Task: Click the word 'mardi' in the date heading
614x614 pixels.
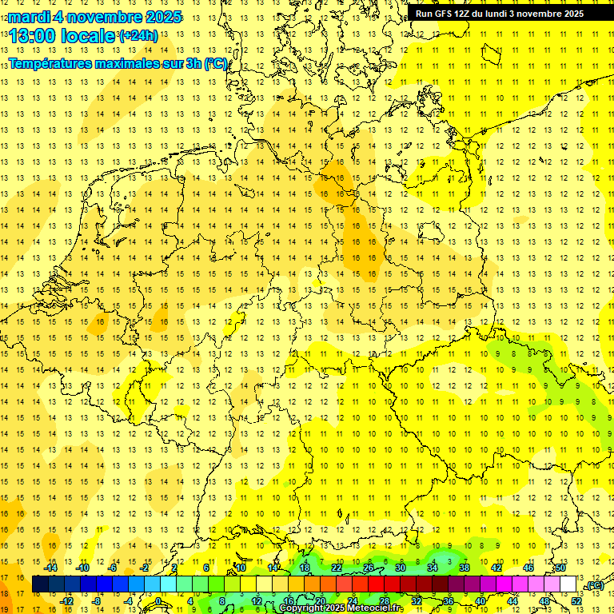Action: pos(28,18)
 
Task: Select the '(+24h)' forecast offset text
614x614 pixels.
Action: pos(138,36)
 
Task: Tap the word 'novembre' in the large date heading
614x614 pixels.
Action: pos(108,18)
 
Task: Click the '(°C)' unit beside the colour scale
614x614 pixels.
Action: pos(594,586)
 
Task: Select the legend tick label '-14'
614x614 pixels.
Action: pos(52,568)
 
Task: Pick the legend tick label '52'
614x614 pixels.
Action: pos(576,601)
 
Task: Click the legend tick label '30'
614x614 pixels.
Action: pos(400,568)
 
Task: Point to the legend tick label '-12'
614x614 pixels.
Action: pos(67,601)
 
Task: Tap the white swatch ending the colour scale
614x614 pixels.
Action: pos(568,584)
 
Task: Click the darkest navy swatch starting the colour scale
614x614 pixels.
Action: pos(40,584)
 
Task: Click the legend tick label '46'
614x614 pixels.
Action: pos(528,568)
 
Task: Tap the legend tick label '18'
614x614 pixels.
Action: pos(305,568)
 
